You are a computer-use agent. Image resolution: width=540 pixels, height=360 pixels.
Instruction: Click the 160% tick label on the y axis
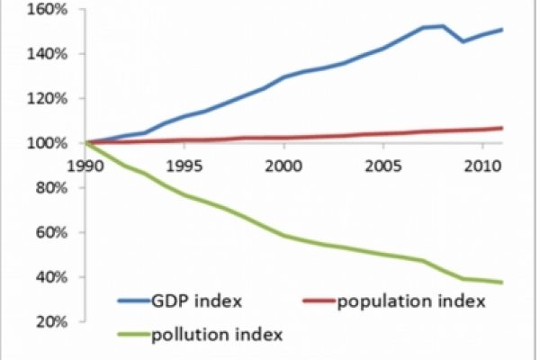[40, 9]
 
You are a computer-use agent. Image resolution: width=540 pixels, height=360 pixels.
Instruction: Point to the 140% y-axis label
[40, 54]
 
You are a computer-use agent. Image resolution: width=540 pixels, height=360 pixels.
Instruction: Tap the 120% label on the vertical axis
[40, 98]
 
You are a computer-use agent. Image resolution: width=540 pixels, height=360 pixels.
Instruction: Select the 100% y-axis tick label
[40, 143]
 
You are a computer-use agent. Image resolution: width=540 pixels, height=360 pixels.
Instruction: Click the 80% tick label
[43, 188]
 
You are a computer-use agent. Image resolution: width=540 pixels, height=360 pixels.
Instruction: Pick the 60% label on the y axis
[43, 232]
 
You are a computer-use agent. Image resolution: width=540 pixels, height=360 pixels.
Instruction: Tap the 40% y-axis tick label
[43, 277]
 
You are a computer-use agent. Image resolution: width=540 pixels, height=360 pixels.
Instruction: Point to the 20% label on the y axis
[43, 321]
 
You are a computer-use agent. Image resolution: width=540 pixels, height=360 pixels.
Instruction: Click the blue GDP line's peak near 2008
[441, 26]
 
